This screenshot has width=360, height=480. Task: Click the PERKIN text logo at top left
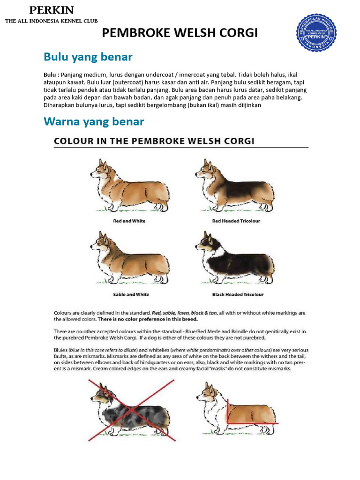pos(51,10)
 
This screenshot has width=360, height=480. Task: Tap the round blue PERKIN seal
pos(320,33)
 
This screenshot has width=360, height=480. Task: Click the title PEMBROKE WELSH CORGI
pos(180,33)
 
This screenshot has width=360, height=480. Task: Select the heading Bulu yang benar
pos(88,57)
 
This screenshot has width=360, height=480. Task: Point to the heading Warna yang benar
pos(94,121)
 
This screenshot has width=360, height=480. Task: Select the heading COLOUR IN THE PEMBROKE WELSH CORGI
pos(154,141)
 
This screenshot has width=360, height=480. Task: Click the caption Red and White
pos(129,221)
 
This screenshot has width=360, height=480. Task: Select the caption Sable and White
pos(131,295)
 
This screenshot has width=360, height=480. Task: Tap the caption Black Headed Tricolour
pos(238,295)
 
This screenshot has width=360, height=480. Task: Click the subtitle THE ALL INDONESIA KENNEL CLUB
pos(51,22)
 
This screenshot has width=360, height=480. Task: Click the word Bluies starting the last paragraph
pos(61,350)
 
